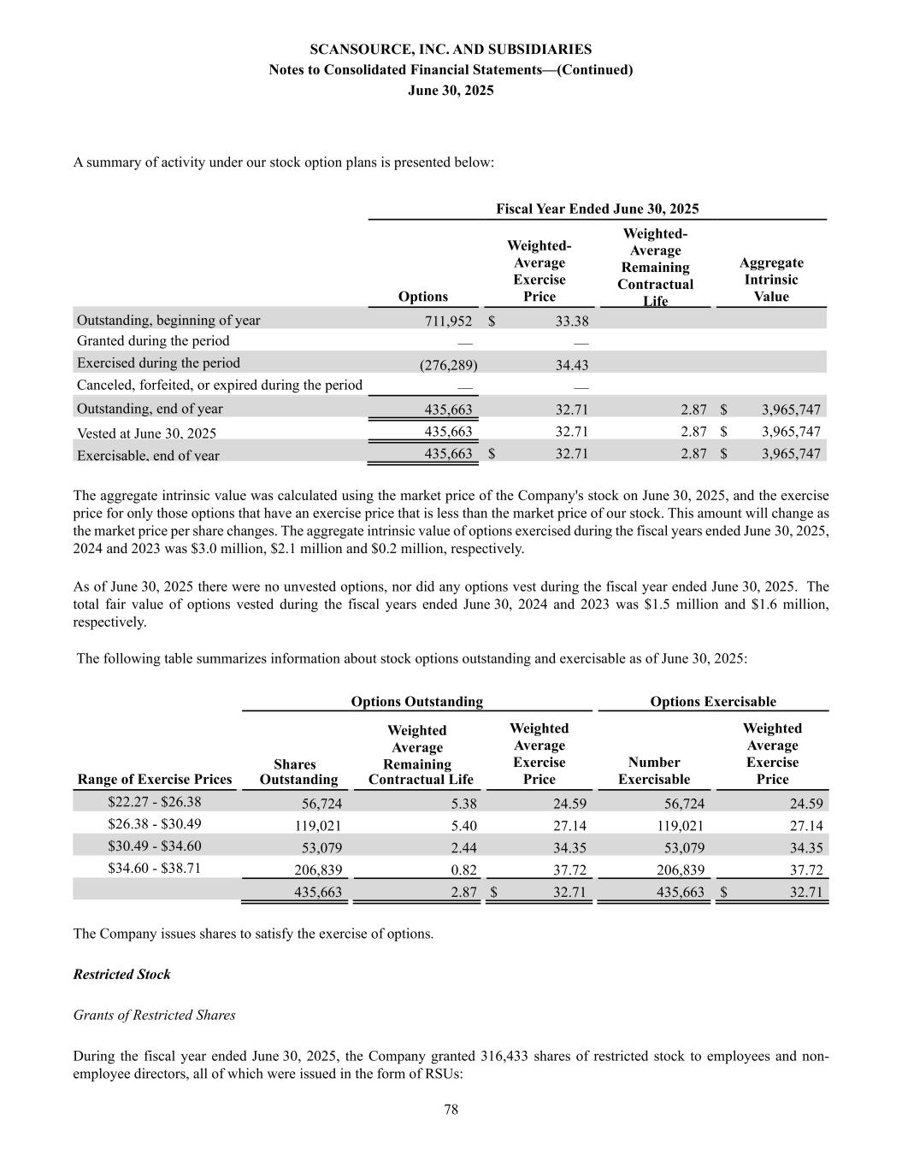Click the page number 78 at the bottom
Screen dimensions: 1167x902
coord(451,1110)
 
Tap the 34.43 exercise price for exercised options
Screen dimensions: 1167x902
coord(571,365)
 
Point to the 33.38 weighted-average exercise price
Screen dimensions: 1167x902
coord(571,321)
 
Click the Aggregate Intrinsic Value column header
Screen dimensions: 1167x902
coord(770,280)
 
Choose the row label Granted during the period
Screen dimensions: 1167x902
coord(153,341)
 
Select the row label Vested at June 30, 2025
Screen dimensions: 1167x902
coord(146,433)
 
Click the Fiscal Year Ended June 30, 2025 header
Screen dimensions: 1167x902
coord(597,209)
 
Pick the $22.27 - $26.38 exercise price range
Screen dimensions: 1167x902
coord(155,802)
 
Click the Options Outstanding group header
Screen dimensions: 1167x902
coord(416,702)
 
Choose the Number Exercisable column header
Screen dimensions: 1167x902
coord(653,770)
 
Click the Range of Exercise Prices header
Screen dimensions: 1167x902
coord(155,779)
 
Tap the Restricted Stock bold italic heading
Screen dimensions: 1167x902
coord(122,975)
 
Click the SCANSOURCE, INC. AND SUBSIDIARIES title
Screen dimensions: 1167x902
coord(451,50)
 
